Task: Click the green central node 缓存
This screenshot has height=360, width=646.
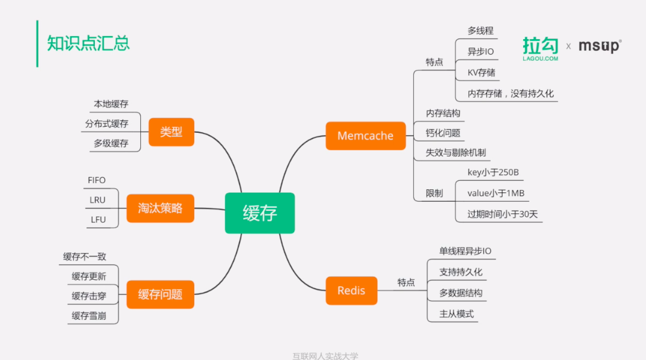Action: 259,213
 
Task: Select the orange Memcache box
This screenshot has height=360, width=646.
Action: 365,136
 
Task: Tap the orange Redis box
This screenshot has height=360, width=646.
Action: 351,290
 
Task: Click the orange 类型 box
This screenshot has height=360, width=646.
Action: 171,132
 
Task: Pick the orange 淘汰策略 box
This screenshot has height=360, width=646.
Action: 160,208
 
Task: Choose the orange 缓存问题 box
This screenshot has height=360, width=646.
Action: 160,294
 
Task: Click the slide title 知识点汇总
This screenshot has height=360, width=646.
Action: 88,43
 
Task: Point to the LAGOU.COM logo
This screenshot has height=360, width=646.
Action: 541,49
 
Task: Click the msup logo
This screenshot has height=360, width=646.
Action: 599,46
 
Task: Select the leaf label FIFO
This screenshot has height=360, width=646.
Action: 97,181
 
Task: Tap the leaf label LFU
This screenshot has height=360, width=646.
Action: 98,220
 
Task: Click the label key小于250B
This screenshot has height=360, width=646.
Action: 493,172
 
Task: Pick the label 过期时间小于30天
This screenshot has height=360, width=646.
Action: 502,214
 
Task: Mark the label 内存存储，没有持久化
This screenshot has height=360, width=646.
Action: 510,94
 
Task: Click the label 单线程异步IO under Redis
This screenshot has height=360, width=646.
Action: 465,251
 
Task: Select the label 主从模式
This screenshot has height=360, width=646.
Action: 456,314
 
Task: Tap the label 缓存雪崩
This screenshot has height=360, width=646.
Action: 89,316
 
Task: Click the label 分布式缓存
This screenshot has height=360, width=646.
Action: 107,124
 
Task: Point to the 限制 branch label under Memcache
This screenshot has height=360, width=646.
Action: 434,194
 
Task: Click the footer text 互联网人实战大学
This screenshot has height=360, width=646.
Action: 325,356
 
